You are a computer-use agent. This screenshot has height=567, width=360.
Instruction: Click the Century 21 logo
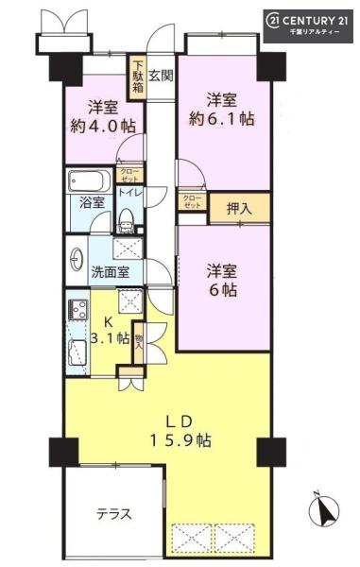[x=308, y=26]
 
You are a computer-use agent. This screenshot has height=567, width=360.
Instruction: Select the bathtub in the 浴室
[x=89, y=180]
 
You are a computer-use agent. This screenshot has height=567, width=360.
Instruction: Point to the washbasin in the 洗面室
[x=77, y=259]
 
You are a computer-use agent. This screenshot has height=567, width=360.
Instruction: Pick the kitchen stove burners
[x=78, y=310]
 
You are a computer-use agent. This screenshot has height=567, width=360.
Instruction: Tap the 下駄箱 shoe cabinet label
[x=137, y=77]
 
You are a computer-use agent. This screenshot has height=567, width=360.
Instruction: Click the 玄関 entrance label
[x=161, y=76]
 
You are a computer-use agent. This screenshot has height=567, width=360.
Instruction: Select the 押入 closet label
[x=239, y=208]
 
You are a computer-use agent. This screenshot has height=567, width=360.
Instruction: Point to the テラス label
[x=114, y=514]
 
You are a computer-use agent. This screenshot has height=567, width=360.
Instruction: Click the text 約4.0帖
[x=103, y=127]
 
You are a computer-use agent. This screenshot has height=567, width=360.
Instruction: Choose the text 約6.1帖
[x=221, y=119]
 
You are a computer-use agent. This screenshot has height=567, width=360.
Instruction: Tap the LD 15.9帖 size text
[x=180, y=431]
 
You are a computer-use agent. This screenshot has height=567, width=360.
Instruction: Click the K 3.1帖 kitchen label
[x=110, y=330]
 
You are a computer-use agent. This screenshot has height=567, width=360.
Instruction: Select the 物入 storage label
[x=139, y=342]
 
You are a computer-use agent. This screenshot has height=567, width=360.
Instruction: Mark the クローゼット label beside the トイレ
[x=129, y=175]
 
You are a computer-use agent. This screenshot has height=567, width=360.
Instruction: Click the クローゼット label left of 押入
[x=192, y=202]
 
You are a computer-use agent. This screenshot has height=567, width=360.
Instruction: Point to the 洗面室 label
[x=110, y=272]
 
